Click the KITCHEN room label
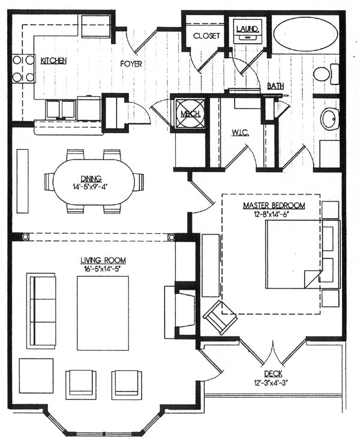(54, 61)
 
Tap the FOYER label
(131, 64)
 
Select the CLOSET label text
(206, 36)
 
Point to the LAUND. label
(248, 29)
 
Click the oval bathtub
(305, 34)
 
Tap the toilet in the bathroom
(326, 74)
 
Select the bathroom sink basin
(330, 119)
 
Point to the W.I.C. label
(240, 133)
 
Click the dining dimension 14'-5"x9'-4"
(91, 187)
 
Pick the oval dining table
(94, 182)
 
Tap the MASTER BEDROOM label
(274, 206)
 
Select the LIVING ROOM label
(103, 260)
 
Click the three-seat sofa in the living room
(41, 311)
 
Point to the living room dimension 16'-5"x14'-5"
(103, 269)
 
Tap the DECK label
(273, 374)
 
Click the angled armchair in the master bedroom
(220, 317)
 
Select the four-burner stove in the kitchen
(23, 68)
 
